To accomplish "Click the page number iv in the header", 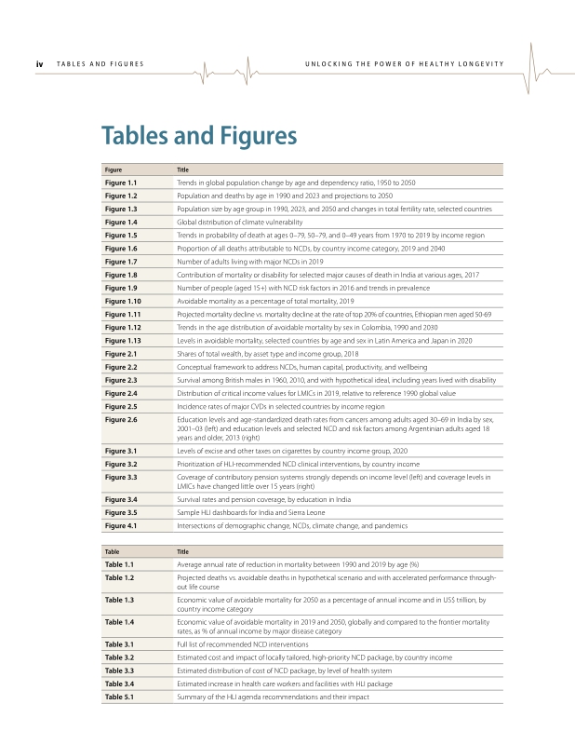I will (39, 63).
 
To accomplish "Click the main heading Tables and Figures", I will (199, 136).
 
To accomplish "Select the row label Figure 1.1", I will (121, 183).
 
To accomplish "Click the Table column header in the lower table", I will (112, 551).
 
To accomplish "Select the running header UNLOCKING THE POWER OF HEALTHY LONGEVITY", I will (404, 63).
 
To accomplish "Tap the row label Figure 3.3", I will (121, 477).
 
